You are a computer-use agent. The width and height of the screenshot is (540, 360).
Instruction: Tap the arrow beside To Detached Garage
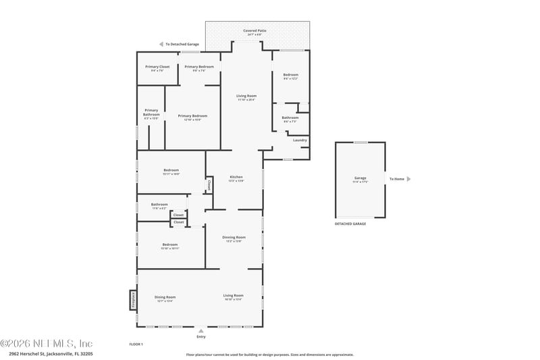pyautogui.click(x=161, y=44)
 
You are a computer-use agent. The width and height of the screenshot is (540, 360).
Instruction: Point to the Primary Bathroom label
pyautogui.click(x=151, y=113)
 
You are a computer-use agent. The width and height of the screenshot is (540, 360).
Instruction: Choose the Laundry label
pyautogui.click(x=300, y=140)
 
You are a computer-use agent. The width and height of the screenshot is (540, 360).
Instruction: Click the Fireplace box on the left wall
pyautogui.click(x=133, y=299)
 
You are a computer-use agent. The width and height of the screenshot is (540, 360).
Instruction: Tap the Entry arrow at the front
pyautogui.click(x=200, y=331)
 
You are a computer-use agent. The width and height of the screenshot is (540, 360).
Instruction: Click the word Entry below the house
pyautogui.click(x=200, y=336)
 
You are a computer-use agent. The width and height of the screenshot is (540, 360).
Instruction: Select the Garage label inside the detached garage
pyautogui.click(x=360, y=179)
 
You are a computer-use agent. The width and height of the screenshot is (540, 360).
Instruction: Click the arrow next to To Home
pyautogui.click(x=408, y=179)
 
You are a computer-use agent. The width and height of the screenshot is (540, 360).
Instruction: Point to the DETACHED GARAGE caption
pyautogui.click(x=350, y=224)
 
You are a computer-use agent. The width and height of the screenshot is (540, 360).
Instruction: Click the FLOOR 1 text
pyautogui.click(x=136, y=344)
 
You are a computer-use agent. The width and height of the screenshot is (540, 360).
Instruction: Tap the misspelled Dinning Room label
pyautogui.click(x=234, y=238)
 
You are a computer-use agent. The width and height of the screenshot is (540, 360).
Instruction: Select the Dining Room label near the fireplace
pyautogui.click(x=164, y=298)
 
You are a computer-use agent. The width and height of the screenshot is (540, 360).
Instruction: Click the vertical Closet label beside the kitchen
pyautogui.click(x=209, y=183)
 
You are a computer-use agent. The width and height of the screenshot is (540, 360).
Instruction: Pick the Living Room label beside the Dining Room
pyautogui.click(x=234, y=297)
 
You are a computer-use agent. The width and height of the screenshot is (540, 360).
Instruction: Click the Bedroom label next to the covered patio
pyautogui.click(x=290, y=76)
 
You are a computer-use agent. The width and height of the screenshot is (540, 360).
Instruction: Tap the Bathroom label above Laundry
pyautogui.click(x=290, y=118)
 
